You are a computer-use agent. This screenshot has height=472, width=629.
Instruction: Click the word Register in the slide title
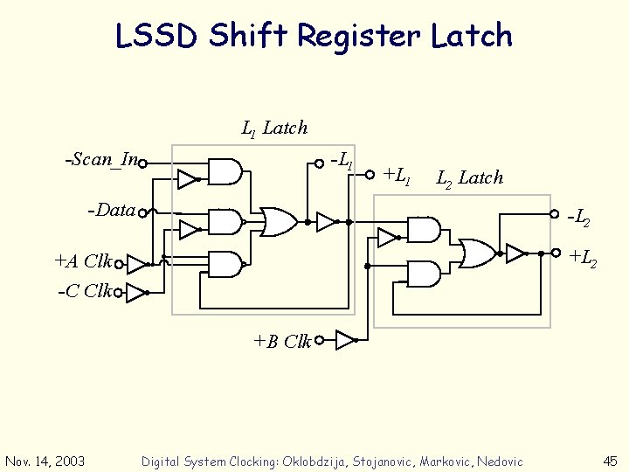[359, 36]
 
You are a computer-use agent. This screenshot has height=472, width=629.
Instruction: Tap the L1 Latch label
[274, 128]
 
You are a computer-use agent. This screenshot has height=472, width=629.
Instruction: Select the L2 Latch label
[470, 178]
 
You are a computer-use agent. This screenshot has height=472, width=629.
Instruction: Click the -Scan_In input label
[101, 159]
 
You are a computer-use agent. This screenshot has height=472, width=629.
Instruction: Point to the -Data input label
[112, 210]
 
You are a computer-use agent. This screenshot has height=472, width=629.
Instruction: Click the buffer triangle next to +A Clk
[136, 263]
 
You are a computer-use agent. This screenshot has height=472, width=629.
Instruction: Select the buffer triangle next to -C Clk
[135, 292]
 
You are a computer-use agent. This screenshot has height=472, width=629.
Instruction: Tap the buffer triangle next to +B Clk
[346, 340]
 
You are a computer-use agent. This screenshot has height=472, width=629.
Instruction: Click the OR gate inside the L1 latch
[278, 222]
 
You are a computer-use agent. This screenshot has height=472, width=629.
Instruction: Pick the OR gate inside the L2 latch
[477, 253]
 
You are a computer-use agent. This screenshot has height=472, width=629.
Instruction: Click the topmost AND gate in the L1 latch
[225, 172]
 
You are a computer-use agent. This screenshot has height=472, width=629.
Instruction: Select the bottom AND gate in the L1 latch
[225, 264]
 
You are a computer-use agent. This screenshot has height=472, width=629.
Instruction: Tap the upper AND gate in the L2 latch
[424, 230]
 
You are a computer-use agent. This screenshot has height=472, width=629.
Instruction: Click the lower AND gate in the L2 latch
[424, 274]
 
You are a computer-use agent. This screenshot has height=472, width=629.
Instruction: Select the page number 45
[609, 461]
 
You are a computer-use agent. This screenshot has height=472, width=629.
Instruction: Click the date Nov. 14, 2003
[45, 462]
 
